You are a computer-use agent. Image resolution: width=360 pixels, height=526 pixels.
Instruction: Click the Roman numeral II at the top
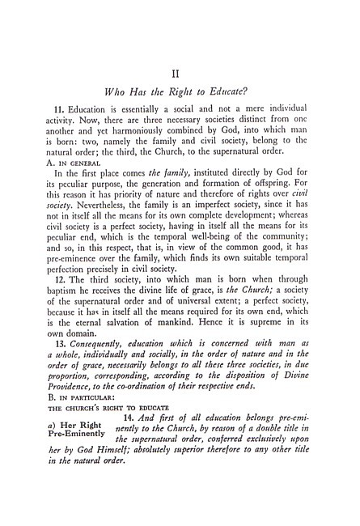[180, 74]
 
